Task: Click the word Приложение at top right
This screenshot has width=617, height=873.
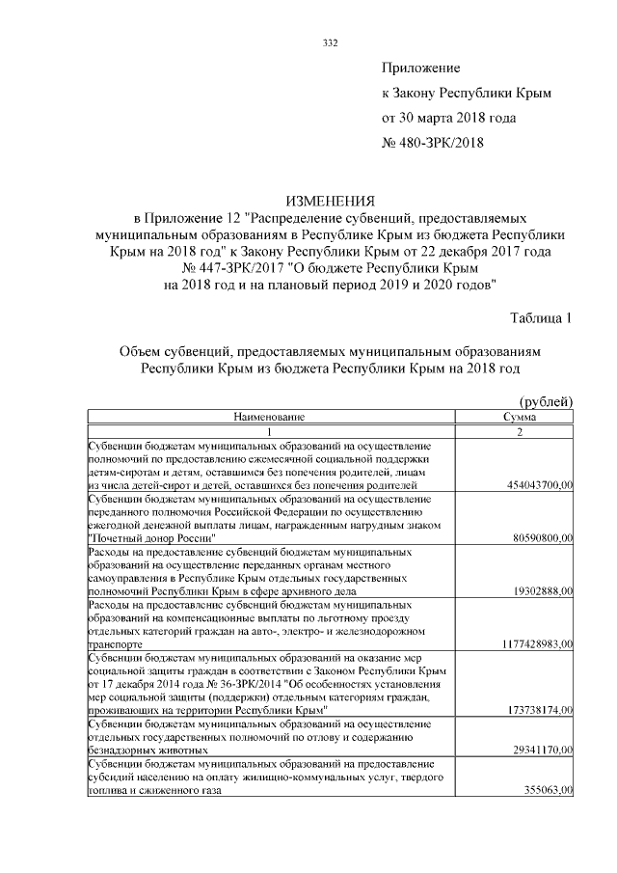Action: (421, 68)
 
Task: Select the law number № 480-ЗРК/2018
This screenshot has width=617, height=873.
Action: (433, 143)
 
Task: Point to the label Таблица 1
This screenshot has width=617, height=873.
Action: (541, 318)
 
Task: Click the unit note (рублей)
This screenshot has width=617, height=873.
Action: (546, 401)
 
